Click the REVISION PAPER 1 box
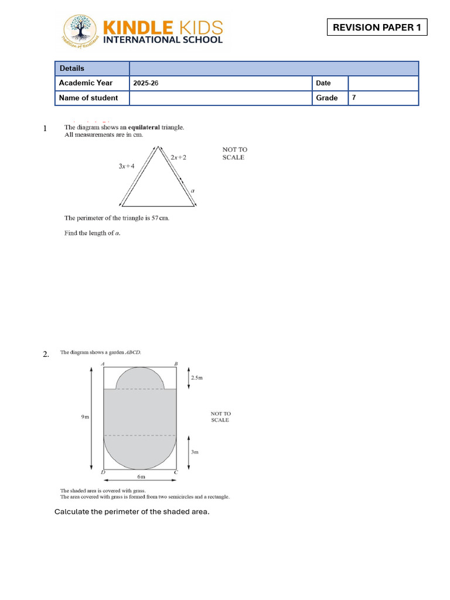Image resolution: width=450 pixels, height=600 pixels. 377,28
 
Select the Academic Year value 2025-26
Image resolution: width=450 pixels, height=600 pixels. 146,83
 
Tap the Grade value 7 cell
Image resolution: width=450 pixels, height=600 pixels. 354,98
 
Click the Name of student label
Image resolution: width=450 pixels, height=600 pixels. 88,98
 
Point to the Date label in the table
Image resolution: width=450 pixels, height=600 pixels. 323,83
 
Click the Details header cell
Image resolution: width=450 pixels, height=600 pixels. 72,69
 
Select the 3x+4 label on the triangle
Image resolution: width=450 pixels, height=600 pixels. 127,166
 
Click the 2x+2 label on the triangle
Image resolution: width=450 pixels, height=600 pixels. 179,157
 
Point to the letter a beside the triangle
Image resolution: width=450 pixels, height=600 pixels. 193,191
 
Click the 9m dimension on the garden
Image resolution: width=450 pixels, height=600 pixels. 85,417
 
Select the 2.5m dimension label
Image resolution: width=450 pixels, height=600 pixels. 197,378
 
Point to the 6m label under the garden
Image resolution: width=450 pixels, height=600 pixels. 141,477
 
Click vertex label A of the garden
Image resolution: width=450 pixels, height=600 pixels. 103,364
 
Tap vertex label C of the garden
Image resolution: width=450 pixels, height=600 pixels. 176,472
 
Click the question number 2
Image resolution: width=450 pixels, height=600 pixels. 46,354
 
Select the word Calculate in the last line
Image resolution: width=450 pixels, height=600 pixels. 71,512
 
